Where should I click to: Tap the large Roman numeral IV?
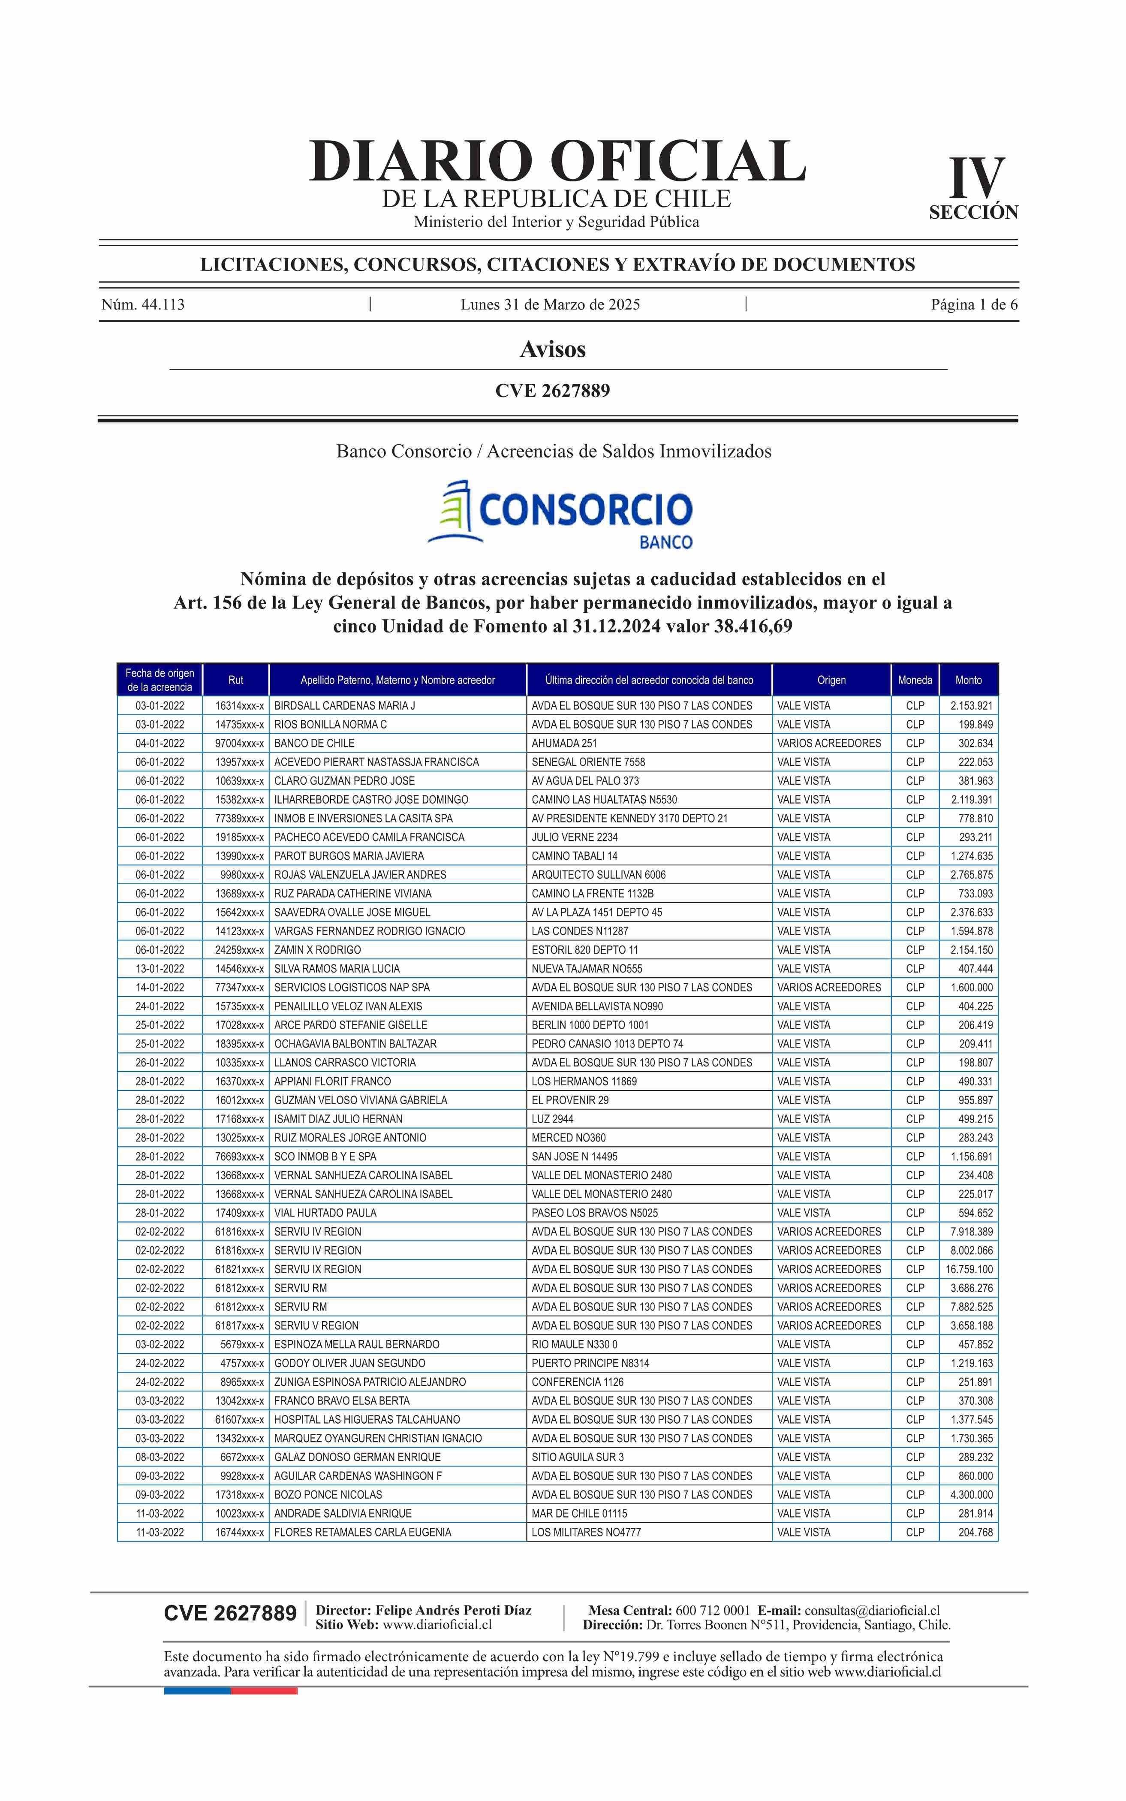coord(976,179)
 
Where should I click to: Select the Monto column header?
coord(968,680)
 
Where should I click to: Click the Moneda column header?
coord(915,680)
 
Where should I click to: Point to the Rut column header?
coord(235,680)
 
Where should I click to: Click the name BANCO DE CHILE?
coord(314,743)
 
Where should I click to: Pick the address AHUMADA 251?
coord(564,743)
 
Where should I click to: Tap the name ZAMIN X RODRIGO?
coord(317,949)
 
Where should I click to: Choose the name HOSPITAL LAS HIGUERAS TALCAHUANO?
coord(367,1419)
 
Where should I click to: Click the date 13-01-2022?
coord(160,969)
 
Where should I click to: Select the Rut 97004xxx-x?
coord(239,743)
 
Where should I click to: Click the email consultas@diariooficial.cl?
coord(872,1611)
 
